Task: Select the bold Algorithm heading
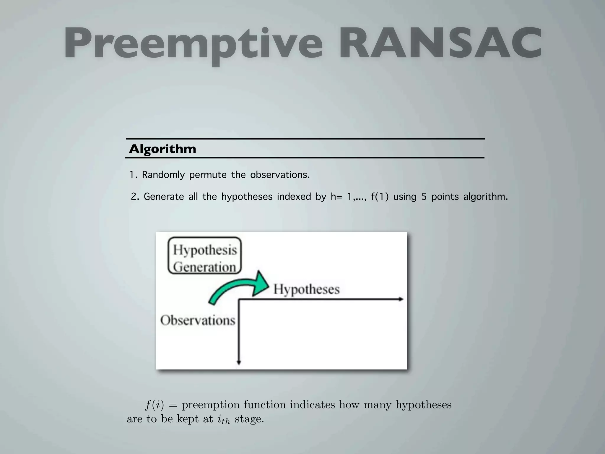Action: (162, 149)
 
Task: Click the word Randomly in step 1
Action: (163, 175)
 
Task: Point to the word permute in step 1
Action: (208, 175)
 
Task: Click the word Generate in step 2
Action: (164, 197)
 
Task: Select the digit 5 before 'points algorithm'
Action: (424, 197)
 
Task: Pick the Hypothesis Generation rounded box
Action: (204, 256)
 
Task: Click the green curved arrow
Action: (239, 288)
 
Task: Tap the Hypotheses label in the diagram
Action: (306, 289)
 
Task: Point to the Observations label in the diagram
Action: (198, 320)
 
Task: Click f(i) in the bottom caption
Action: (154, 405)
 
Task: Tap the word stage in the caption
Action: (249, 419)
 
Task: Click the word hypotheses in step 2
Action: (247, 197)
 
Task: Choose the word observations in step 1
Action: (280, 175)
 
